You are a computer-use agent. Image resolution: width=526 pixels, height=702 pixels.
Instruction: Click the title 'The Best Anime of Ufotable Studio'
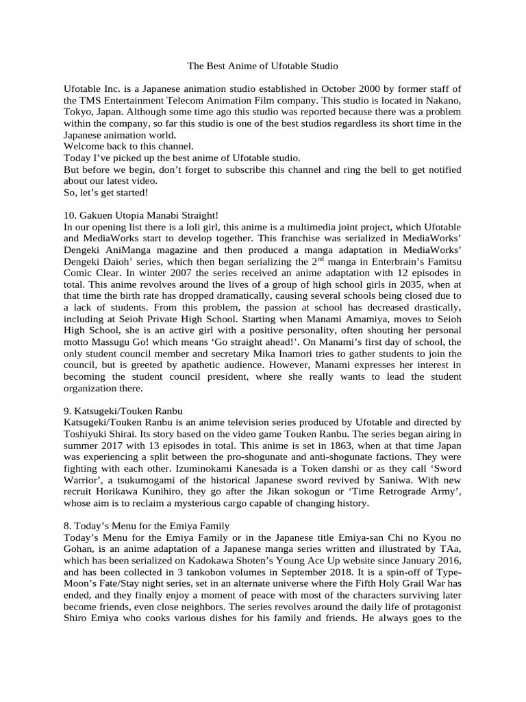[x=263, y=66]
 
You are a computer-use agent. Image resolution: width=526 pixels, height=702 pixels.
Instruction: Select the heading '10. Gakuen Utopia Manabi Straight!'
[x=140, y=215]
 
